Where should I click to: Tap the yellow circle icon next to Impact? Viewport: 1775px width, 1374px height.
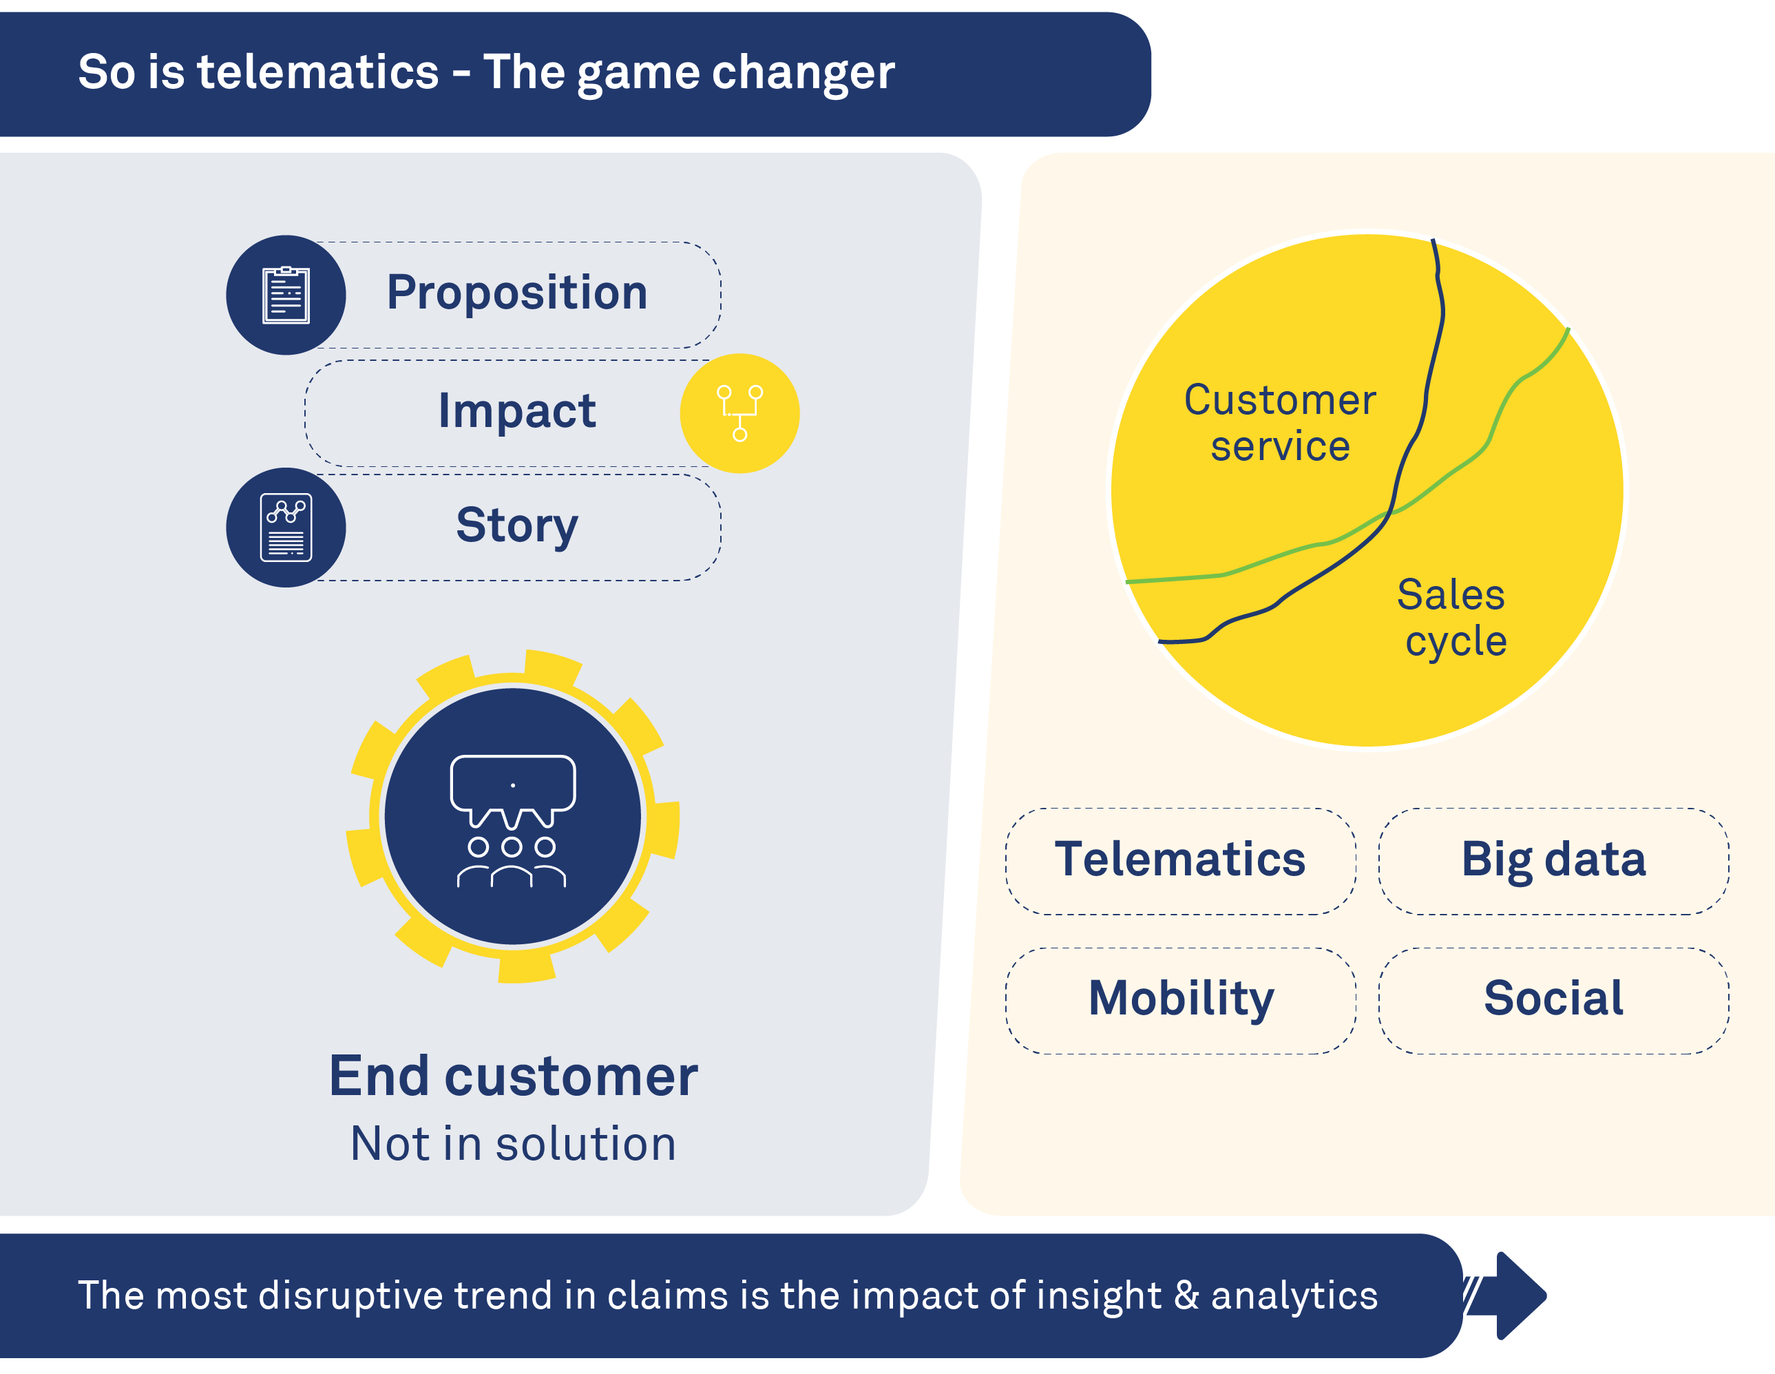click(x=739, y=413)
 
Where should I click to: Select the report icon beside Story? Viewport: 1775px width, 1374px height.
click(x=286, y=527)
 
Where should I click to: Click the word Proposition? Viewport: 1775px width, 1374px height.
click(x=517, y=293)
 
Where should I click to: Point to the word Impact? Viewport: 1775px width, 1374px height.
click(x=517, y=410)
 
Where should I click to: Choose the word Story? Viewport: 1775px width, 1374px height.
click(x=517, y=525)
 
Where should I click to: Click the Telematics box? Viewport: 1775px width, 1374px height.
click(x=1180, y=860)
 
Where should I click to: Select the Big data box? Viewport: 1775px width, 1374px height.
click(x=1553, y=860)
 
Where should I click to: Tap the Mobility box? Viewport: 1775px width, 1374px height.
click(x=1180, y=999)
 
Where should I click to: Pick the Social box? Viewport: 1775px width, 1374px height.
click(x=1553, y=999)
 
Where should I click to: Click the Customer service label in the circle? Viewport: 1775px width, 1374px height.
click(x=1279, y=423)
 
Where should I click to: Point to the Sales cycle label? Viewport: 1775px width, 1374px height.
click(x=1452, y=617)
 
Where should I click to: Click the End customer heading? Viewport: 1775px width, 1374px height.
click(x=513, y=1076)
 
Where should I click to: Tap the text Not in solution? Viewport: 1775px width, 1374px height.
click(x=513, y=1144)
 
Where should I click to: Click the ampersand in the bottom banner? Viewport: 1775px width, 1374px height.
click(x=1186, y=1295)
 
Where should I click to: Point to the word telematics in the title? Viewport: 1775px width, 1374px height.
click(x=318, y=72)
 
